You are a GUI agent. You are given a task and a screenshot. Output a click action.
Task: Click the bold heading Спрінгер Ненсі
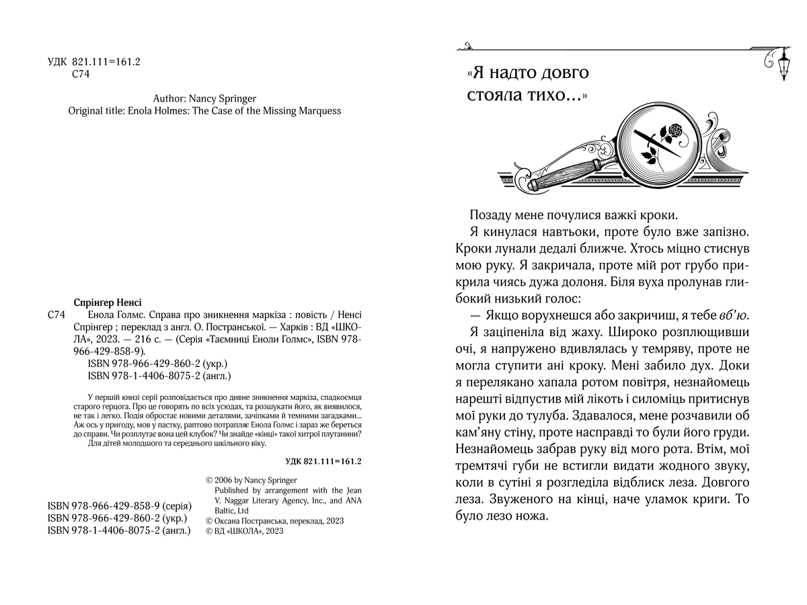(x=107, y=302)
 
